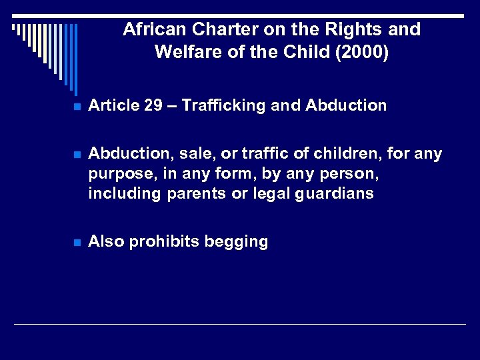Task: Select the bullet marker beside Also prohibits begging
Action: click(x=77, y=243)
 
